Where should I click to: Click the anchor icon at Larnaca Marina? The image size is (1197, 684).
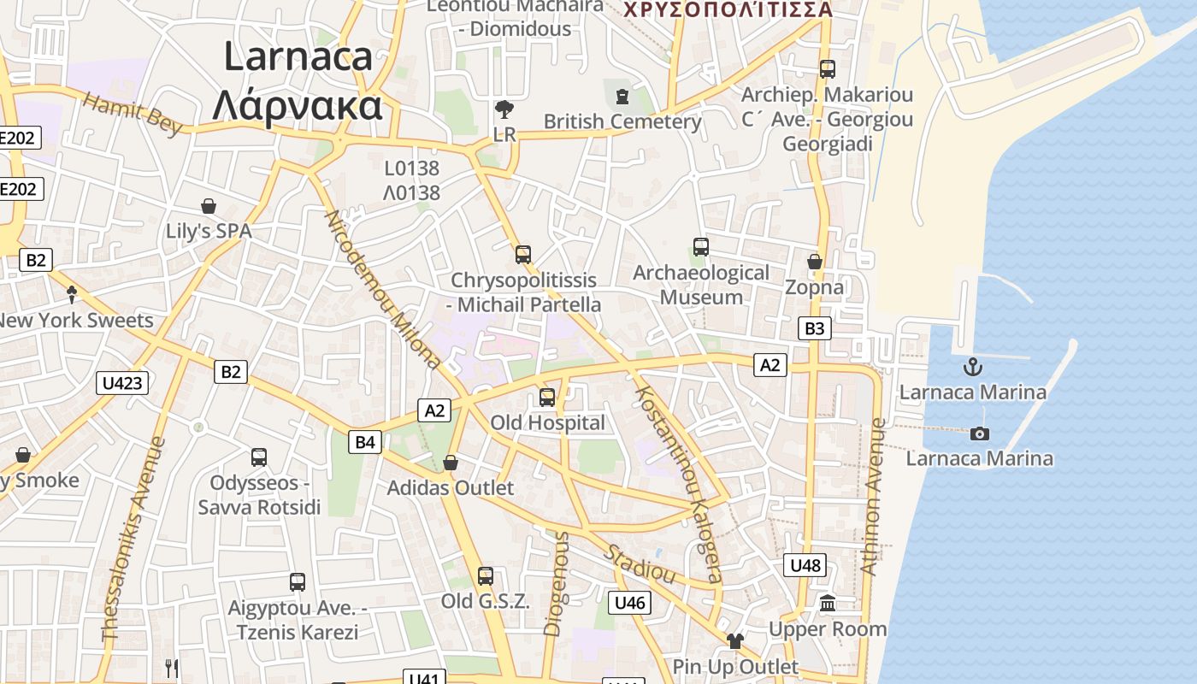[972, 367]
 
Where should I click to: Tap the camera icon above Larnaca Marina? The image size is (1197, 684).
[980, 433]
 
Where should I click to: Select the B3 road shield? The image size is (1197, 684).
[815, 328]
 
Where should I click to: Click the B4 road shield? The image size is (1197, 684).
[365, 442]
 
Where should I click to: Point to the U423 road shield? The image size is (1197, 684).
[122, 382]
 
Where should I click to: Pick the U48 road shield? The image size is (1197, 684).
[805, 565]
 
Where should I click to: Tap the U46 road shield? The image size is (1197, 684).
[630, 603]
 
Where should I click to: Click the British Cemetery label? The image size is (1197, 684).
[622, 121]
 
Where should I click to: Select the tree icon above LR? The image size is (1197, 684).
[504, 109]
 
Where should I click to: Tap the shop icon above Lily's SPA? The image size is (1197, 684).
[208, 206]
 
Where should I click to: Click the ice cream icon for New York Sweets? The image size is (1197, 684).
[72, 295]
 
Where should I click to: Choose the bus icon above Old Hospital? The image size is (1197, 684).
[547, 398]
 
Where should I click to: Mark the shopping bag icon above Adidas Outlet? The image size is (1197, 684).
[451, 463]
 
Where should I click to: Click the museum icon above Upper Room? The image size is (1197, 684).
[827, 604]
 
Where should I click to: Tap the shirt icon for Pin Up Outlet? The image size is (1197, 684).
[735, 640]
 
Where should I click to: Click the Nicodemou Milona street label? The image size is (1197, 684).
[382, 289]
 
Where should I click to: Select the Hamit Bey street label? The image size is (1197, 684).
[133, 114]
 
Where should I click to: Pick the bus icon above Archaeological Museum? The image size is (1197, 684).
[701, 247]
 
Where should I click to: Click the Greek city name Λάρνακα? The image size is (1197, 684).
[297, 106]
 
